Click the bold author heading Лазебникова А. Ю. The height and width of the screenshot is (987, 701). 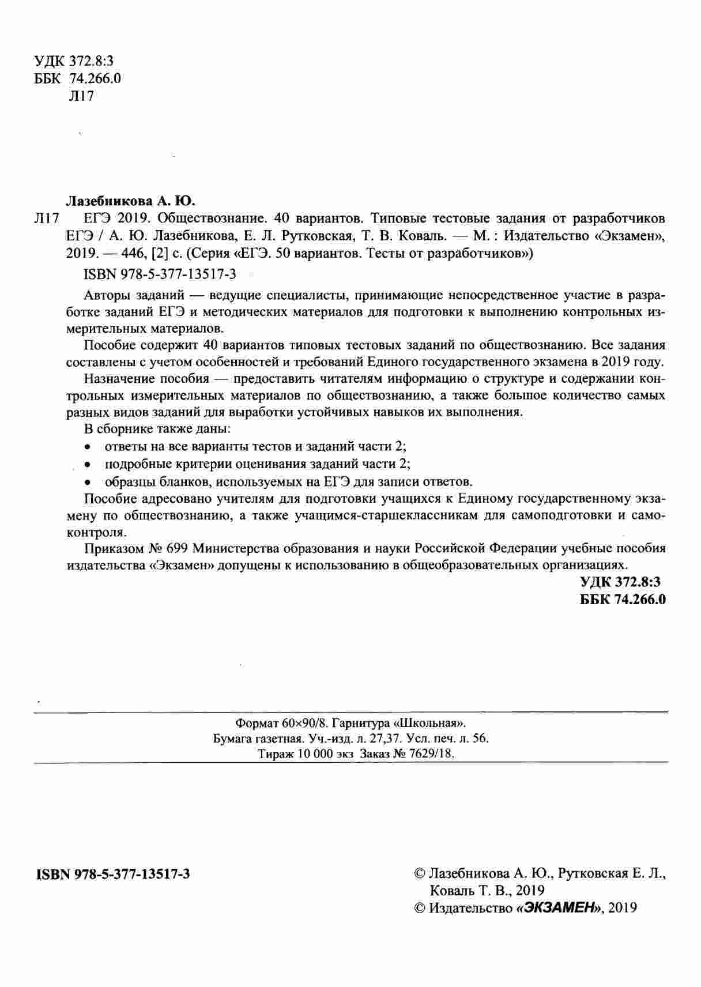point(132,201)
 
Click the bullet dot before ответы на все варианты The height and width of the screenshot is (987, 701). point(88,447)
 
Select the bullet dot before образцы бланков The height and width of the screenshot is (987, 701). point(88,482)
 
